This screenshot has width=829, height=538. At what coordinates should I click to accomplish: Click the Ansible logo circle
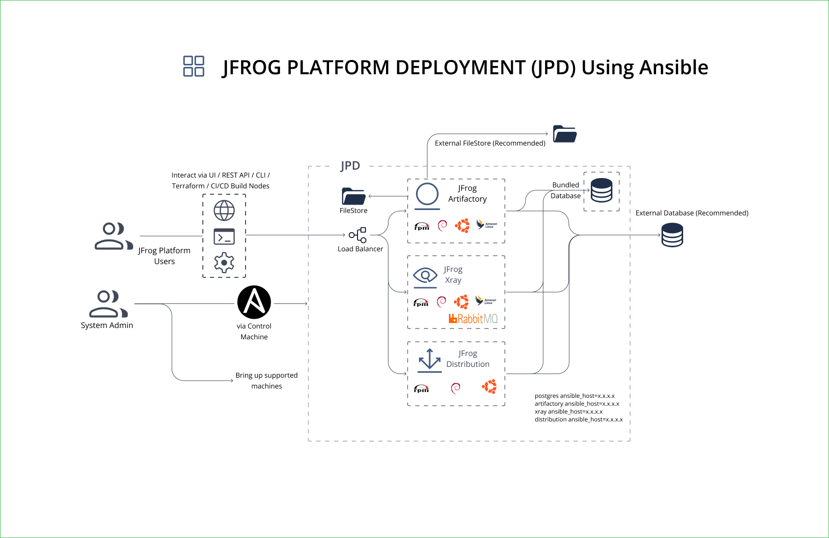tap(254, 302)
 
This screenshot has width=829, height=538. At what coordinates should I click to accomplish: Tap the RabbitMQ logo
tap(473, 319)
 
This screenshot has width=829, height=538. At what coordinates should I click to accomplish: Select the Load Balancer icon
tap(358, 235)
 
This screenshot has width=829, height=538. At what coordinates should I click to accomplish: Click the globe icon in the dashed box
tap(224, 210)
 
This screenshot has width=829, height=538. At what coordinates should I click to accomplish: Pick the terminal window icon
tap(224, 237)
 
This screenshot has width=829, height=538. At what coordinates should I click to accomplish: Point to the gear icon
tap(224, 263)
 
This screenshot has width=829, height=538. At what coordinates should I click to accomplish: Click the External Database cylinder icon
tap(672, 235)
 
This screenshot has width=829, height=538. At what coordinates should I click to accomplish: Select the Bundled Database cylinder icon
tap(602, 190)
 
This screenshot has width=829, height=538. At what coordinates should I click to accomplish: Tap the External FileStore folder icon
tap(565, 134)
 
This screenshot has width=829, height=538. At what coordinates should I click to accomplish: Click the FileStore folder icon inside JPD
tap(354, 196)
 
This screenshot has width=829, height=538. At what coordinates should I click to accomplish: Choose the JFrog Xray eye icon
tap(425, 275)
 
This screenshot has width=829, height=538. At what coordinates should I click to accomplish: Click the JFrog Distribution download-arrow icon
tap(430, 359)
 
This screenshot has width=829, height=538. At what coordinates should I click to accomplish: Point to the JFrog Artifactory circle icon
tap(427, 194)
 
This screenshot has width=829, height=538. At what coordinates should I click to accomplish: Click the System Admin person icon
tap(108, 304)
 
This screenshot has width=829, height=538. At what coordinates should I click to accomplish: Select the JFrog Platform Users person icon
tap(113, 236)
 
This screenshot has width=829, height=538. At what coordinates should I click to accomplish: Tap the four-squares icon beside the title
tap(193, 66)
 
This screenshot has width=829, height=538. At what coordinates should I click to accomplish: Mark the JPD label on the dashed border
tap(350, 166)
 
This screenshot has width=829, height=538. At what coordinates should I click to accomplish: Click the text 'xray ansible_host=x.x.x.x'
tap(569, 412)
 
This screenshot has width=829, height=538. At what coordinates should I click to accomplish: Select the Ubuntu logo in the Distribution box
tap(489, 387)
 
